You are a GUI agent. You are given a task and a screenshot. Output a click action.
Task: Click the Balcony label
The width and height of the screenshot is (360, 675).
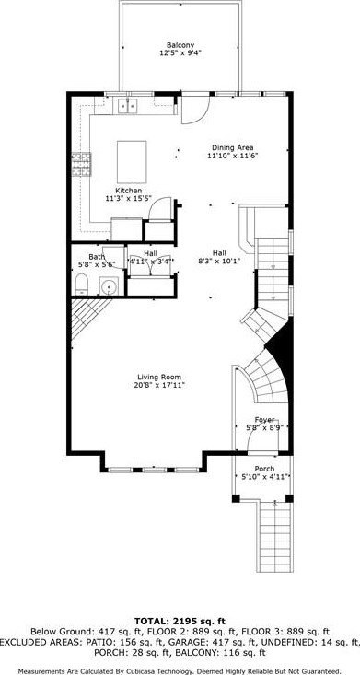(x=180, y=45)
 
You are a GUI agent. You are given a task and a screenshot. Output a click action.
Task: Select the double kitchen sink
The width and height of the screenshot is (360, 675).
(x=126, y=107)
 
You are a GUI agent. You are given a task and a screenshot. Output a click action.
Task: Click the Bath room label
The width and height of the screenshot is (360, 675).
(x=97, y=257)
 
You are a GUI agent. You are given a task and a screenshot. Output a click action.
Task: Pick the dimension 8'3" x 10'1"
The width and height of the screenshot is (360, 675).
(x=218, y=261)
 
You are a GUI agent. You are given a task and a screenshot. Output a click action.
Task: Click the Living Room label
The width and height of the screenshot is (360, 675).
(x=159, y=377)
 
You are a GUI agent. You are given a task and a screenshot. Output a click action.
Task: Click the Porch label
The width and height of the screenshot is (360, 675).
(x=265, y=468)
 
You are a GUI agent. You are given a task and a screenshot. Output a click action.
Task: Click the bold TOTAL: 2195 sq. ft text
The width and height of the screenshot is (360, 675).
(x=180, y=622)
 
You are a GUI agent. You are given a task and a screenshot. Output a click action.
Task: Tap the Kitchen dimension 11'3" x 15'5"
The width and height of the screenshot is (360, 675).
(x=127, y=198)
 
